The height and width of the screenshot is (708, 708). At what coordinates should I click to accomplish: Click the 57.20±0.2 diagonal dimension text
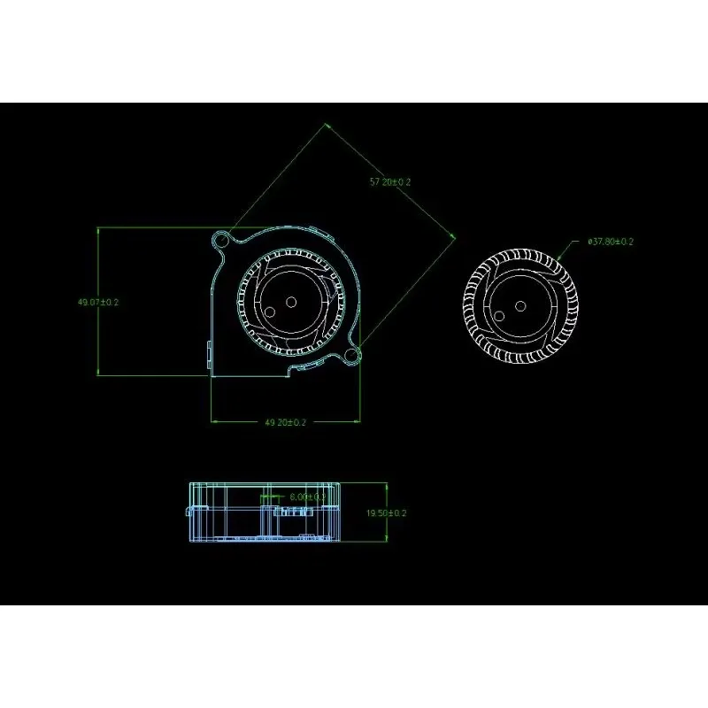(390, 181)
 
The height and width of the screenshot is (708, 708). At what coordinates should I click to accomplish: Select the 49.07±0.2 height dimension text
(98, 302)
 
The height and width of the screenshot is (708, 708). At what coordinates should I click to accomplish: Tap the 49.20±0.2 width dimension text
(285, 423)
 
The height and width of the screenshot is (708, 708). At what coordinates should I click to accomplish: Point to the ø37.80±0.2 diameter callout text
(611, 241)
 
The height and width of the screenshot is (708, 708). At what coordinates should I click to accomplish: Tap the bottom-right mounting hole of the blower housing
(352, 356)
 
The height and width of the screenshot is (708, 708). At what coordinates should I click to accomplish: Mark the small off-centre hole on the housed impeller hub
(270, 311)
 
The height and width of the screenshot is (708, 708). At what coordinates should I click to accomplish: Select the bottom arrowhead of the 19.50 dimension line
(387, 540)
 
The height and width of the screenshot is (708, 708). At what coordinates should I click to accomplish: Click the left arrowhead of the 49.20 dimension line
(212, 423)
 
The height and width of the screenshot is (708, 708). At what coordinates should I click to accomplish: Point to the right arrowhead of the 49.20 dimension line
(358, 423)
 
